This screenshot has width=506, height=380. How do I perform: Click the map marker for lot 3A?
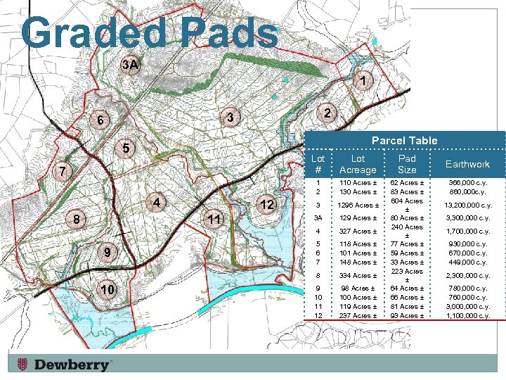point(131,65)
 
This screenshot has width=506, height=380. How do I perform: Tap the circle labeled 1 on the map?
point(361,82)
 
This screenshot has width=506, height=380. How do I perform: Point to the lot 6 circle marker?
point(100,120)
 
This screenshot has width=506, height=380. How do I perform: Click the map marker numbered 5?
point(124,148)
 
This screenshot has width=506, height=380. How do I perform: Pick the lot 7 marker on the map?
point(63,171)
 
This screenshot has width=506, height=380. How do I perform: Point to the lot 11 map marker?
point(216,220)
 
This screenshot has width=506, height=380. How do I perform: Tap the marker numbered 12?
point(266,204)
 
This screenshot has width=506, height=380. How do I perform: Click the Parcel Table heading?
point(404,141)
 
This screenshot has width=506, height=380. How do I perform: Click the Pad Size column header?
point(407,164)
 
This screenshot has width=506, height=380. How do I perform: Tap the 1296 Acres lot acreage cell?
point(358,205)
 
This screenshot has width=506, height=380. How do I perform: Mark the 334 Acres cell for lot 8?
point(358,275)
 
